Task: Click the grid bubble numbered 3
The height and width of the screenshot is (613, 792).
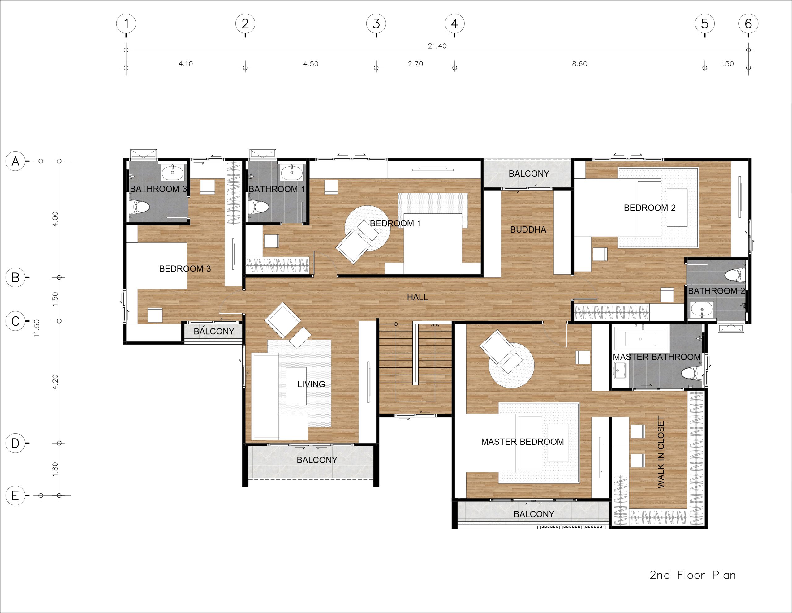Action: pos(376,24)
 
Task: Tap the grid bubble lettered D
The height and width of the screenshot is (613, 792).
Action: pos(15,443)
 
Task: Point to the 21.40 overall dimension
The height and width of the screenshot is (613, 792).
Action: pos(437,46)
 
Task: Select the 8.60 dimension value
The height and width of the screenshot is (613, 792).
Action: pos(579,64)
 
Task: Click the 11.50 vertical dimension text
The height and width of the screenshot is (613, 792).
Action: pos(37,328)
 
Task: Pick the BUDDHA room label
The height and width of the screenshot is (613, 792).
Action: pos(528,229)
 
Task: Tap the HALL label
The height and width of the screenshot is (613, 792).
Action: pos(417,297)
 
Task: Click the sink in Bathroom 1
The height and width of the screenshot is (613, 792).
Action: pos(291,172)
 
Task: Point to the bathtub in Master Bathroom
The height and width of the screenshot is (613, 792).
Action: pos(641,339)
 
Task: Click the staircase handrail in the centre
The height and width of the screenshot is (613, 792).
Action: pos(415,354)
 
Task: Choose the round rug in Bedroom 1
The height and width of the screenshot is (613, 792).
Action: pos(367,228)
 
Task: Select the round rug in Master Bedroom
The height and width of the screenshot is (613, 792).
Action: pos(511,365)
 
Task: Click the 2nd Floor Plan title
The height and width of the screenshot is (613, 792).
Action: pos(693,575)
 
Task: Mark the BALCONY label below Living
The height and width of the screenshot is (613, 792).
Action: pos(317,460)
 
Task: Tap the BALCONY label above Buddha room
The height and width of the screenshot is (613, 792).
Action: pos(529,174)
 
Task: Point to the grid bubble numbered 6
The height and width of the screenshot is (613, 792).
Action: pos(748,24)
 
